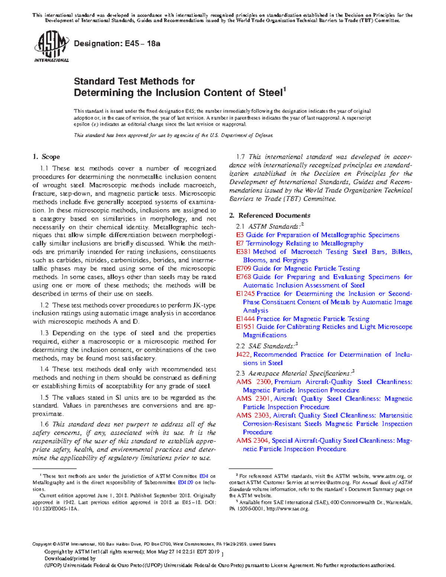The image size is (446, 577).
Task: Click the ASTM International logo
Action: click(51, 47)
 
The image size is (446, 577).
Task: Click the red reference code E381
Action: click(244, 252)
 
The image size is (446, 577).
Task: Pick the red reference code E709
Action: click(244, 269)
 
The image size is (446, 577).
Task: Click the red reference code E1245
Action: click(245, 294)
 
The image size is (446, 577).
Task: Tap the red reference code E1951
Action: click(245, 327)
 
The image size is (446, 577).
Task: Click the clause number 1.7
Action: click(241, 157)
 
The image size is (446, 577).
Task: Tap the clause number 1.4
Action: click(45, 369)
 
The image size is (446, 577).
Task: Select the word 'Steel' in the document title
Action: click(270, 93)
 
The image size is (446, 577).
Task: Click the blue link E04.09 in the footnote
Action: click(185, 483)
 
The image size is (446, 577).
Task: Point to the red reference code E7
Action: click(240, 244)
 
